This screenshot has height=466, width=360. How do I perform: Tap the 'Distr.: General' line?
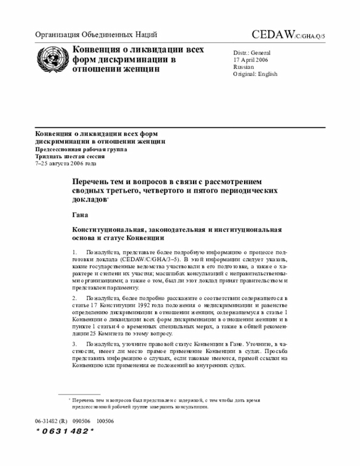[x=253, y=52]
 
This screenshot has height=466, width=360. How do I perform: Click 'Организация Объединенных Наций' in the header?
[x=96, y=35]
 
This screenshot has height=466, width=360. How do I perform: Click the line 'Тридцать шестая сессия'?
[x=67, y=156]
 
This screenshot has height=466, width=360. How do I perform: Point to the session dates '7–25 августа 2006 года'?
[x=66, y=164]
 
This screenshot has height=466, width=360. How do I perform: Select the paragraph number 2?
[x=74, y=297]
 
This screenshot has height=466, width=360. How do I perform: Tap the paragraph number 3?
[x=74, y=343]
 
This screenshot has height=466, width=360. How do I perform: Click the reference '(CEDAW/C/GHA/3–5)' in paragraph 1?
[x=143, y=260]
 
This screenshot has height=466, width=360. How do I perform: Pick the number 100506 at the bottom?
[x=105, y=421]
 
